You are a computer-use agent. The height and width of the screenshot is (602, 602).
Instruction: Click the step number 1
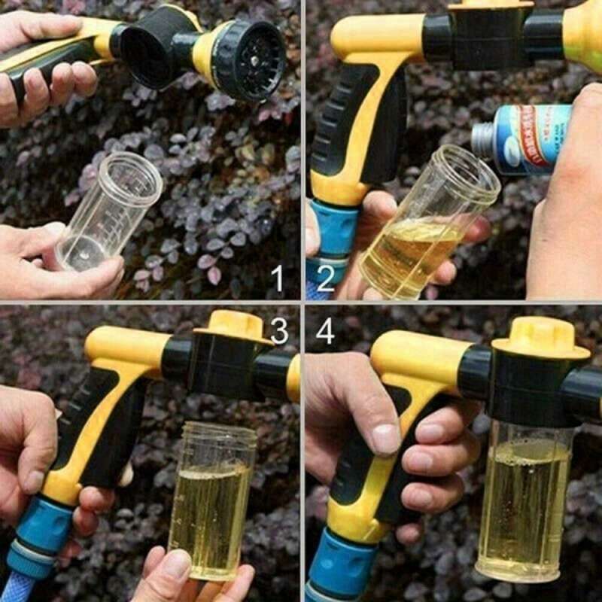coord(278,279)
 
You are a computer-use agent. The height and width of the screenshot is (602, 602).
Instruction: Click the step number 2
coord(325,279)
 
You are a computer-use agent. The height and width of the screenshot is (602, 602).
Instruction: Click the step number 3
coord(279,330)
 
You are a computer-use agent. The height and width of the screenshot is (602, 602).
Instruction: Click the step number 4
coord(325,332)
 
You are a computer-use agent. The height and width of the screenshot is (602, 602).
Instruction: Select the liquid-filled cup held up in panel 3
coord(211,497)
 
